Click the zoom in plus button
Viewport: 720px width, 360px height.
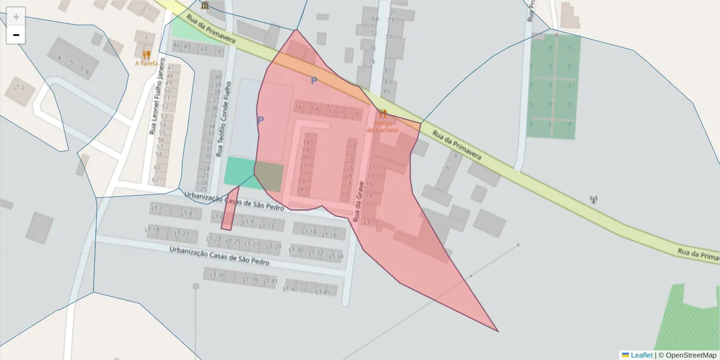(x=16, y=17)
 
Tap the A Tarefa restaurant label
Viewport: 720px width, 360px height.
(x=146, y=63)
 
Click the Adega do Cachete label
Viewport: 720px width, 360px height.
(x=382, y=126)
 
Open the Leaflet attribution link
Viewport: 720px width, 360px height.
(x=641, y=355)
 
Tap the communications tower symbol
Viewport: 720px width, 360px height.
(x=594, y=200)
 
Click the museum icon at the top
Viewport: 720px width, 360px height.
(x=205, y=5)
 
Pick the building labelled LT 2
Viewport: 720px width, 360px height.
(x=19, y=88)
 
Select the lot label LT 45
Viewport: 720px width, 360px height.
(x=323, y=292)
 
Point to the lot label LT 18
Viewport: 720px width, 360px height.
(x=153, y=230)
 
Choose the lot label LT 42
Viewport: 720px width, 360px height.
(x=290, y=289)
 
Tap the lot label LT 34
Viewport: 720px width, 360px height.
(x=337, y=256)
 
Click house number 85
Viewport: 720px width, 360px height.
(x=387, y=92)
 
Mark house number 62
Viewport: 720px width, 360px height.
(x=156, y=179)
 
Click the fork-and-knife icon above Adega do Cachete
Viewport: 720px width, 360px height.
(x=383, y=113)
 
